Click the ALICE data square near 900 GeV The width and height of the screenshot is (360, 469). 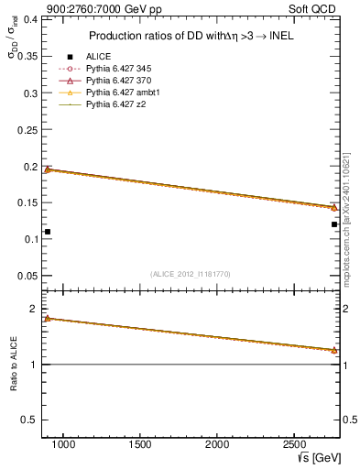[48, 232]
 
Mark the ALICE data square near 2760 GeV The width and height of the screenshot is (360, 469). [334, 224]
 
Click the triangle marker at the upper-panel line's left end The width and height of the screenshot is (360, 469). [48, 169]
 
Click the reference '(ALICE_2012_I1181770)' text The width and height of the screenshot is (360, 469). [191, 274]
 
